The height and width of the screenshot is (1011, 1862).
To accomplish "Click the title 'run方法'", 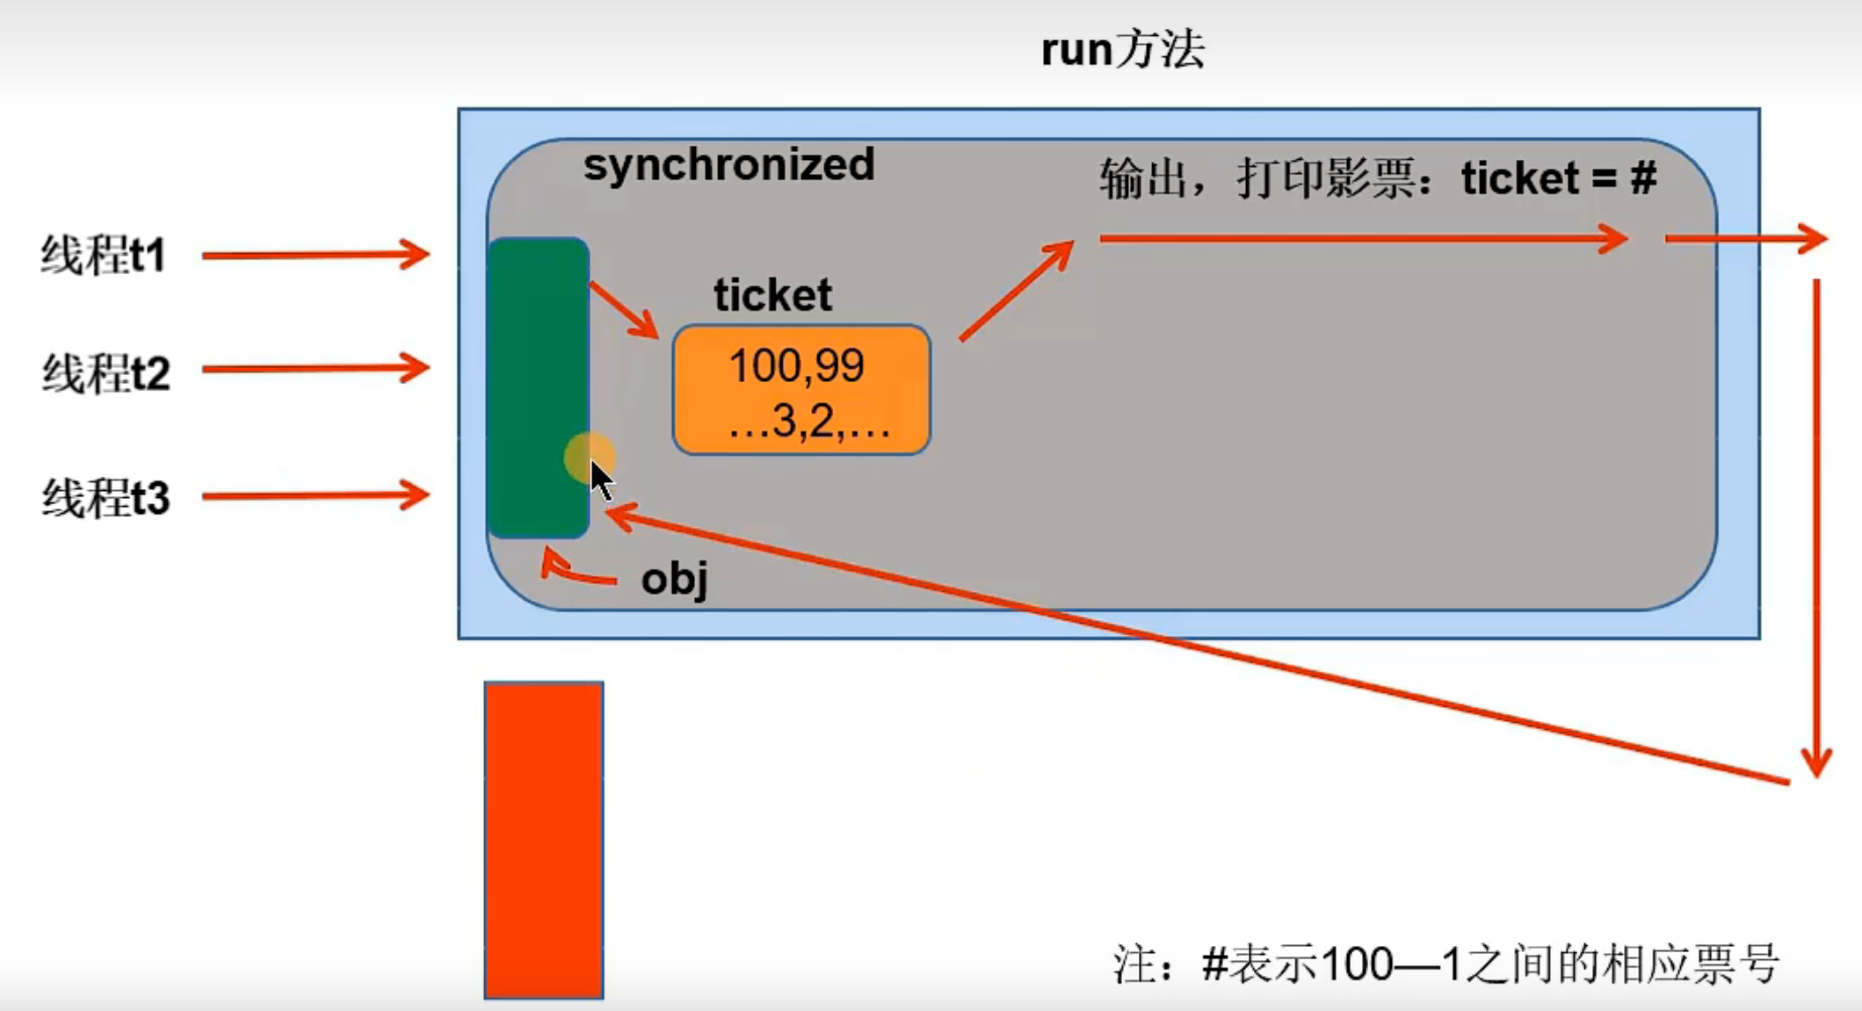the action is point(1122,50).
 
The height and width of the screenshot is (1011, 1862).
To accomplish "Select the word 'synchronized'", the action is point(728,164).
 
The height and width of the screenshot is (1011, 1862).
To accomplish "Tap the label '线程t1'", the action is point(104,256).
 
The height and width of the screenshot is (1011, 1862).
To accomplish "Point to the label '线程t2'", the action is point(105,373).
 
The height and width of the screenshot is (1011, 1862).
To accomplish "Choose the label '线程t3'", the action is point(105,498).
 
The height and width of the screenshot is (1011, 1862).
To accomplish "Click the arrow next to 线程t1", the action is point(315,255).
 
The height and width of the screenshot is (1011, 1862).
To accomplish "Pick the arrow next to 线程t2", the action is point(315,368).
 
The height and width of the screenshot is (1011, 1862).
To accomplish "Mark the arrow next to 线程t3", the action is point(315,495).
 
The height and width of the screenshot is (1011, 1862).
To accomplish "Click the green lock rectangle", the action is point(538,387).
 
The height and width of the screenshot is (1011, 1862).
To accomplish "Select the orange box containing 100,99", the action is point(801,390).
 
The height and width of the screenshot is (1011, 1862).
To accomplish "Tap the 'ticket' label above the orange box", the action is point(772,294).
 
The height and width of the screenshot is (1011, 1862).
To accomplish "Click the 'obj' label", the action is point(675,580).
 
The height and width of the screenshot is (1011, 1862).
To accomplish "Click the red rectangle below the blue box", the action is point(544,840).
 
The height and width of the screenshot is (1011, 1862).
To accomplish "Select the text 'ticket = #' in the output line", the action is point(1559,178).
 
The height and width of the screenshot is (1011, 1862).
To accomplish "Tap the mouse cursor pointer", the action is point(601,480).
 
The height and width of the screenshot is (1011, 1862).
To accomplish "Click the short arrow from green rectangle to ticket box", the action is point(624,310).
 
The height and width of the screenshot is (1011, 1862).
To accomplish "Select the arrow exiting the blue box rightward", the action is point(1746,238).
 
